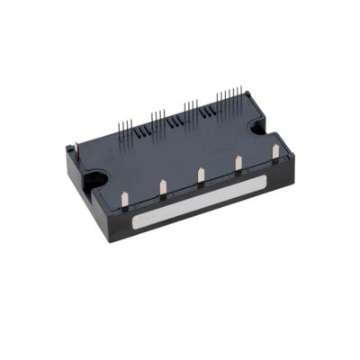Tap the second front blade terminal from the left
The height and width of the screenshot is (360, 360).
163,187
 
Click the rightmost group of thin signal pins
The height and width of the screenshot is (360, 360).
229,100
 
